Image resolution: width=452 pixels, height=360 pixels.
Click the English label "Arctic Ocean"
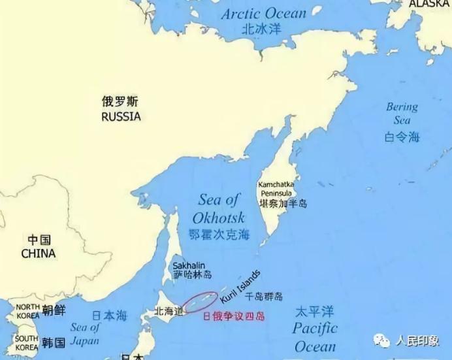263,14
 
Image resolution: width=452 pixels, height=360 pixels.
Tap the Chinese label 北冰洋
261,29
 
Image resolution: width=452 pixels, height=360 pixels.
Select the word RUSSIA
121,117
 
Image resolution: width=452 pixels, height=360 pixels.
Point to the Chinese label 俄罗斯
121,101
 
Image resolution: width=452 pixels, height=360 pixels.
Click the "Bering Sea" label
402,113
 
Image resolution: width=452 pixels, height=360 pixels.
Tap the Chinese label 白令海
402,136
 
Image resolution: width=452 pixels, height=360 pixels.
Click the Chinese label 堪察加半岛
283,204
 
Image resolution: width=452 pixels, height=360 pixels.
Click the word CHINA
38,253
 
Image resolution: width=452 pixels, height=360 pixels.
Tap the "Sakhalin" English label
189,265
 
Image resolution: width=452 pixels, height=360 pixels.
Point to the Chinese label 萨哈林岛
192,275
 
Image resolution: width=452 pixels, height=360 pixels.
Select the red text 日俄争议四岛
233,315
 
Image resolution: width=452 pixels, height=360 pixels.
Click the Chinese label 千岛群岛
264,297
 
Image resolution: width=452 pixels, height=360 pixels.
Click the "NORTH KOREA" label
27,311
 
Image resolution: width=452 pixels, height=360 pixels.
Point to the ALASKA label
429,4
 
